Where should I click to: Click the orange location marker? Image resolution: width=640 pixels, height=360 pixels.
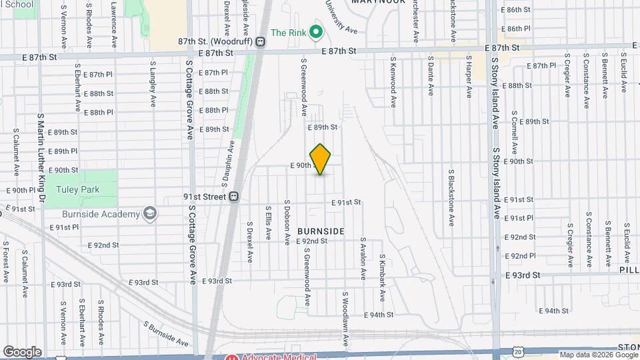pyautogui.click(x=321, y=159)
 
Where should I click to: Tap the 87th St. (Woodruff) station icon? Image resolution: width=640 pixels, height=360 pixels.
pyautogui.click(x=261, y=41)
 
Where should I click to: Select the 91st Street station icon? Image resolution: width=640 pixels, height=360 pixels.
pyautogui.click(x=234, y=197)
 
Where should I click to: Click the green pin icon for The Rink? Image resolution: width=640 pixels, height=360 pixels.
pyautogui.click(x=317, y=32)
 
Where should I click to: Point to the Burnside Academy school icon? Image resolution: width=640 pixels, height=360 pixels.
pyautogui.click(x=151, y=214)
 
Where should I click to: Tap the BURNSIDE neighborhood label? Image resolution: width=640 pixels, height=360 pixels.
pyautogui.click(x=321, y=231)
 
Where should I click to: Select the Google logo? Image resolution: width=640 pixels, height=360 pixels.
pyautogui.click(x=22, y=351)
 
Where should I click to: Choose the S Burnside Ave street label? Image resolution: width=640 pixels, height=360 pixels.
pyautogui.click(x=166, y=333)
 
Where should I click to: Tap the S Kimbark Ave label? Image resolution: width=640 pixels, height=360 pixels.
pyautogui.click(x=383, y=275)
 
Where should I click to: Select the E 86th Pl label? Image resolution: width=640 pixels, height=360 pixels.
pyautogui.click(x=518, y=29)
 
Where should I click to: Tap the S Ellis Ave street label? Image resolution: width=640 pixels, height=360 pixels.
pyautogui.click(x=269, y=223)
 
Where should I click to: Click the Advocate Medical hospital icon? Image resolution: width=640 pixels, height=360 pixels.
pyautogui.click(x=232, y=356)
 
